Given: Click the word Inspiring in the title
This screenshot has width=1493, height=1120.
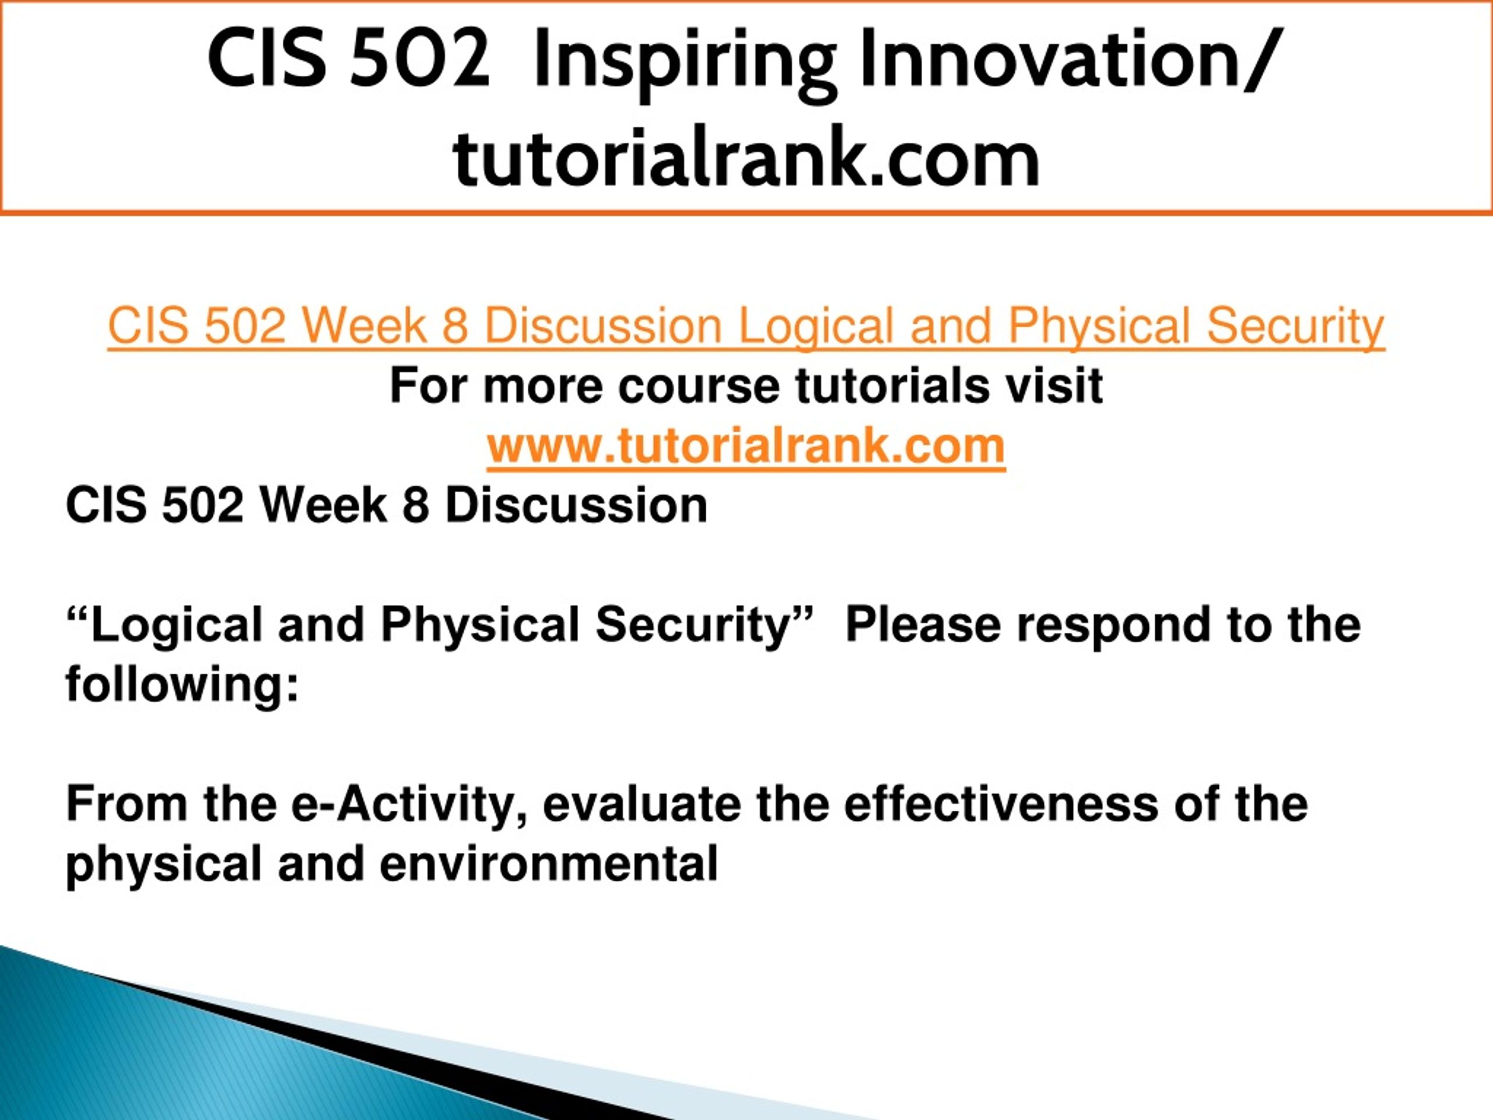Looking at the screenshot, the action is click(685, 62).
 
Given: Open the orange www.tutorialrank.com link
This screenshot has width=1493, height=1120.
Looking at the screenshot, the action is click(746, 446).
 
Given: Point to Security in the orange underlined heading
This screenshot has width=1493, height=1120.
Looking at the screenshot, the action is click(1295, 327).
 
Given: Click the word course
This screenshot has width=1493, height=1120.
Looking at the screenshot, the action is click(699, 386).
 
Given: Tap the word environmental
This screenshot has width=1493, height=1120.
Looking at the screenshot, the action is click(548, 863).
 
